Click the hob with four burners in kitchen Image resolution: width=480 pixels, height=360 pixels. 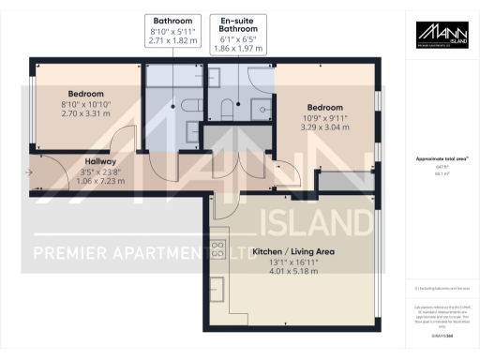(217, 249)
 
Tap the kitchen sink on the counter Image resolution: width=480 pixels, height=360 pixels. (217, 281)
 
